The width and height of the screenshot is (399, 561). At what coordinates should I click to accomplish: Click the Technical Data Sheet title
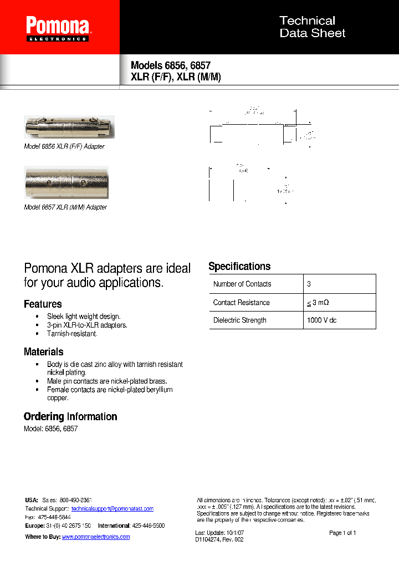point(312,27)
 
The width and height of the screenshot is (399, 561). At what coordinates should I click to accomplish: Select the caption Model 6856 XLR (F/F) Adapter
point(64,147)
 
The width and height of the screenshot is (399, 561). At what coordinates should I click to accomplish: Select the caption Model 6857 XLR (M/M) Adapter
point(65,207)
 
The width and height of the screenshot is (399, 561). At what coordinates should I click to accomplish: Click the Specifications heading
point(239,267)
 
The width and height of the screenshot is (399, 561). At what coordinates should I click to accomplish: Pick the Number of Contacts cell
point(242,284)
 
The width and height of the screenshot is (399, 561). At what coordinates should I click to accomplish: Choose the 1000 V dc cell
point(321,320)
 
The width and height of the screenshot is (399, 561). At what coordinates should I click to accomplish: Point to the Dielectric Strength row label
point(239,320)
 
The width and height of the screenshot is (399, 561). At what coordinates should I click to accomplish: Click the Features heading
point(43,304)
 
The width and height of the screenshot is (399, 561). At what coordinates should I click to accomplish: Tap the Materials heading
point(43,352)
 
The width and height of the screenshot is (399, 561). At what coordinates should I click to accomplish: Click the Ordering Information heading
point(70,417)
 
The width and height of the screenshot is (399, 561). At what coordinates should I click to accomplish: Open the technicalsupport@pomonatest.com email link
point(112,509)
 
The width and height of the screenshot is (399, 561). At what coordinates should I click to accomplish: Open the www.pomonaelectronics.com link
point(95,537)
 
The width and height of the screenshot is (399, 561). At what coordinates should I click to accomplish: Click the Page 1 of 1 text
point(342,533)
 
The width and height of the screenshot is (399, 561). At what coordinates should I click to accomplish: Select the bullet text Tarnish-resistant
point(72,334)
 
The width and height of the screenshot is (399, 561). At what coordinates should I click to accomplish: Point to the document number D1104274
point(209,539)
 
